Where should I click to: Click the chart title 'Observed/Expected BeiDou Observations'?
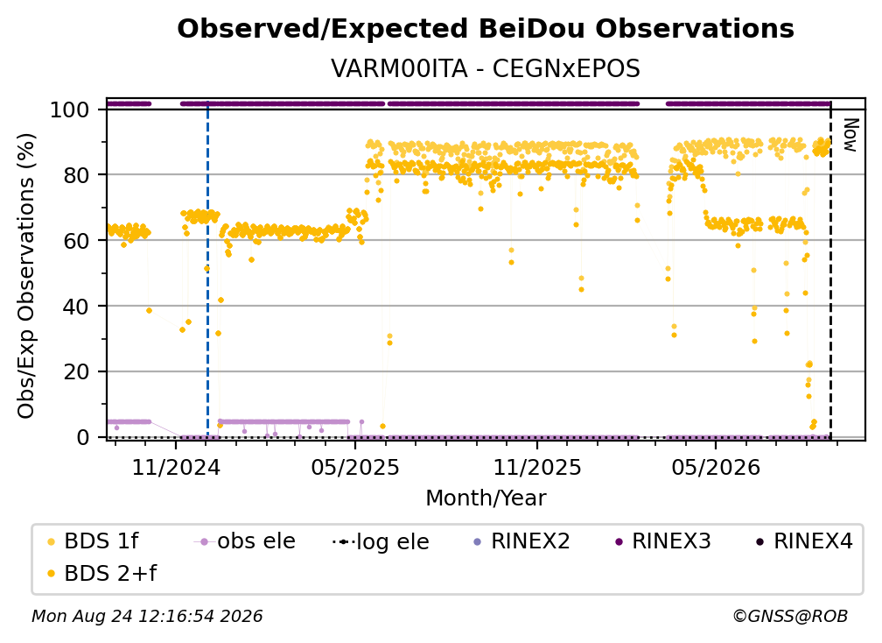pos(486,29)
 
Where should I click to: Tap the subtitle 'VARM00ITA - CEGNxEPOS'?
pos(486,68)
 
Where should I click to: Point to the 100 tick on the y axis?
pos(70,110)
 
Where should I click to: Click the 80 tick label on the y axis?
pos(76,175)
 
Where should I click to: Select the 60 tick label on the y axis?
pos(76,241)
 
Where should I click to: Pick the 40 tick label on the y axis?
pos(76,307)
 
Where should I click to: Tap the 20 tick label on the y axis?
pos(76,372)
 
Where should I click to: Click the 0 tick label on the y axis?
pos(83,437)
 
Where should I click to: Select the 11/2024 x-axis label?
pos(176,467)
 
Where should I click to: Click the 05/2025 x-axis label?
pos(355,467)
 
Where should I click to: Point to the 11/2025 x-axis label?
pos(537,467)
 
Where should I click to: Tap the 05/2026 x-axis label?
pos(716,467)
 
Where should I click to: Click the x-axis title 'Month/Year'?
pos(486,498)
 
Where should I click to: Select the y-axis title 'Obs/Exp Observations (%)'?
pos(26,276)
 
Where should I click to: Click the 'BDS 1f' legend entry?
pos(93,541)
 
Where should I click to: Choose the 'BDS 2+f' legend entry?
pos(101,573)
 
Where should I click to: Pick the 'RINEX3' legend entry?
pos(663,541)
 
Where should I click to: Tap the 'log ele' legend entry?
pos(381,541)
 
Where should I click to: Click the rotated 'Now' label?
pos(850,135)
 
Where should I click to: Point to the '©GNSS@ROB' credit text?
pos(790,616)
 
